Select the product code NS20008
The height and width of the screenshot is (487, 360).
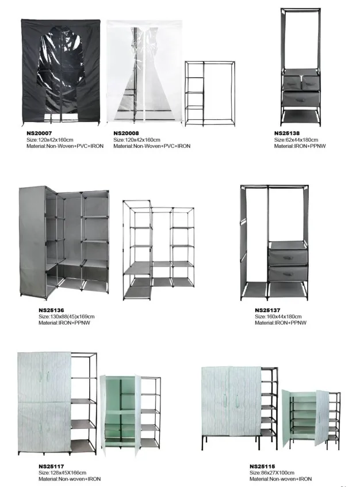[125, 134]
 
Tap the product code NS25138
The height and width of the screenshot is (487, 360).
[286, 134]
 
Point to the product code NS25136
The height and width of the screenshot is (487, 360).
[51, 310]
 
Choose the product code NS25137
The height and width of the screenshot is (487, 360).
[267, 310]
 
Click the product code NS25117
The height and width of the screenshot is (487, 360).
[51, 466]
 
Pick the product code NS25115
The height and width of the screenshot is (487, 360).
[262, 466]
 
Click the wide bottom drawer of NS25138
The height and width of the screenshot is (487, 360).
[300, 99]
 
